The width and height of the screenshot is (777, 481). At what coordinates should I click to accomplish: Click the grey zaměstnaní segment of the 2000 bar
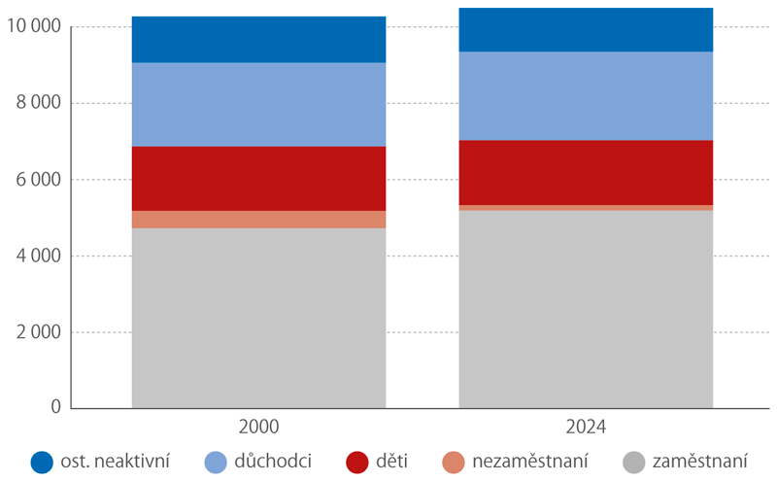(258, 318)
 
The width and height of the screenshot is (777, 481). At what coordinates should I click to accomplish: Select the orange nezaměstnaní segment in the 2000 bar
(258, 220)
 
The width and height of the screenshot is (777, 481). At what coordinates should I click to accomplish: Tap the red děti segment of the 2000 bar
(258, 179)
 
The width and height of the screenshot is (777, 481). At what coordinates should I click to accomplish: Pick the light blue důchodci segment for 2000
(258, 105)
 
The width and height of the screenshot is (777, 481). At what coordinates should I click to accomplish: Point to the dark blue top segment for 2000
(258, 40)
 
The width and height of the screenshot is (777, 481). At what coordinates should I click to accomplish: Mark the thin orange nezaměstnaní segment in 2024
(586, 208)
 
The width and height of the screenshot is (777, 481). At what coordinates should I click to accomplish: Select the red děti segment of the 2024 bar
(586, 173)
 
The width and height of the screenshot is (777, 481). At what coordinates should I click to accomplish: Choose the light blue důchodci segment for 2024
(586, 96)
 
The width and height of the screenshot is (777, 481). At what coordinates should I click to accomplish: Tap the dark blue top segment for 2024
(586, 30)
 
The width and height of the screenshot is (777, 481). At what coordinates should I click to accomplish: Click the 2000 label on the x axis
(258, 428)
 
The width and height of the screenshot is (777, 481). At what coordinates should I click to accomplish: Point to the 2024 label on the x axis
(586, 428)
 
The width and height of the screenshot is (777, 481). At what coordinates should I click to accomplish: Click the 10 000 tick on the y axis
(33, 27)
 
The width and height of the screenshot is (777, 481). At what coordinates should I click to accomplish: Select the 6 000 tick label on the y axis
(38, 180)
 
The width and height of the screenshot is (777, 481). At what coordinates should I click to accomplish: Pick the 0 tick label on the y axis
(54, 408)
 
